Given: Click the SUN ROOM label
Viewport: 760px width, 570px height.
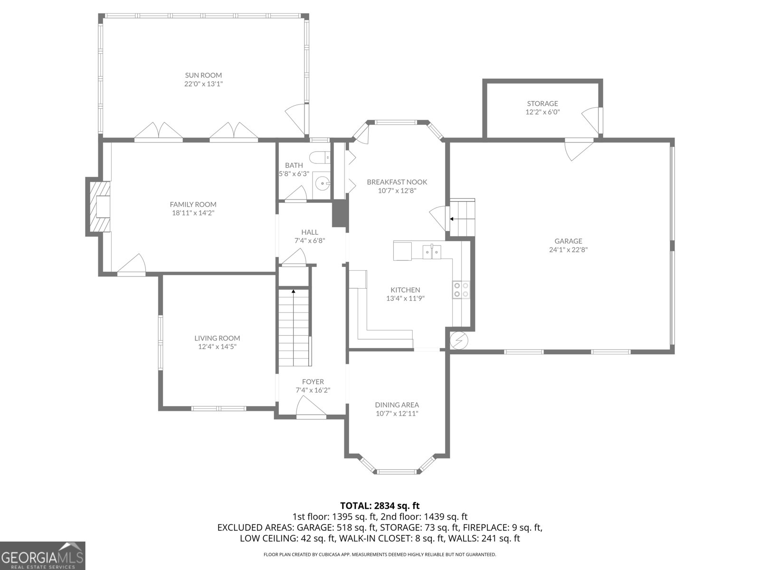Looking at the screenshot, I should point(203,75).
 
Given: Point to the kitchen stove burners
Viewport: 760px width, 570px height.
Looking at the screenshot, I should point(461,290).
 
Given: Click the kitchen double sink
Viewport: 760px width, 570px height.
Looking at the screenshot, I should point(432,251).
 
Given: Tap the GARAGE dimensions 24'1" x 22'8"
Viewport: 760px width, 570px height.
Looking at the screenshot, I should point(568,249).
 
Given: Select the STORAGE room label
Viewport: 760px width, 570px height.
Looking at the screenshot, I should point(542,104).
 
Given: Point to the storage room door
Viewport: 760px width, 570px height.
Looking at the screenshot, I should point(592,120).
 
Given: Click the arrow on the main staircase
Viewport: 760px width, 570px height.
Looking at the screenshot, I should point(294,291).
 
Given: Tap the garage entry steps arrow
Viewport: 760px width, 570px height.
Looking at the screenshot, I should point(452,219).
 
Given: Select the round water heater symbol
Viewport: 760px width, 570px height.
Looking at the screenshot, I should point(459,340).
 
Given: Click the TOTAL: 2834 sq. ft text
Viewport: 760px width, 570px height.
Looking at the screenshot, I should point(380,506).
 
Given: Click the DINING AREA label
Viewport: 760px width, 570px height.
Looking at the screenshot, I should point(397,405).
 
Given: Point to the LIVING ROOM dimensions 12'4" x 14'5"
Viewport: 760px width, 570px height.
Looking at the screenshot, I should point(217,347).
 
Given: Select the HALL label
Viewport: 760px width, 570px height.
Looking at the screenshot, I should point(309,232).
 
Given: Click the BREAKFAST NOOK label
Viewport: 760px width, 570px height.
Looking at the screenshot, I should point(397,182).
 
